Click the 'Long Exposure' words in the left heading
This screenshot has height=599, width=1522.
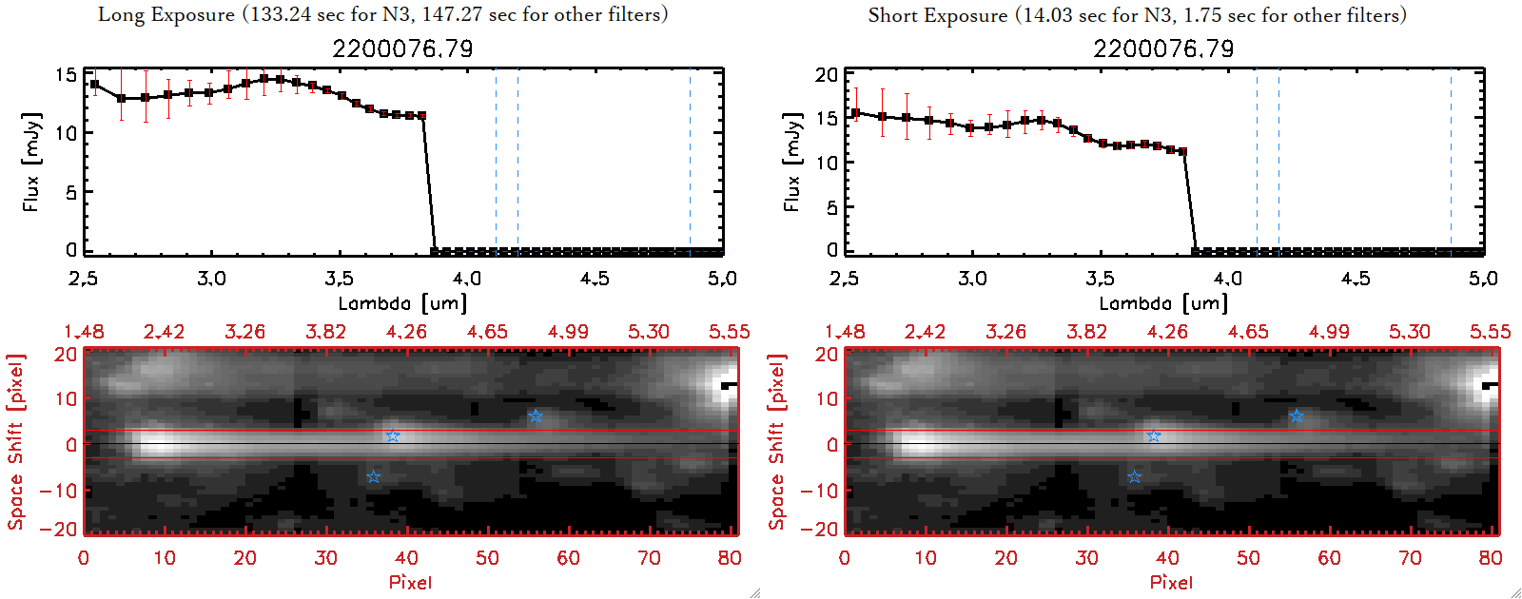coord(166,14)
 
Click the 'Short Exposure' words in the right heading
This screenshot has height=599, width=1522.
coord(937,15)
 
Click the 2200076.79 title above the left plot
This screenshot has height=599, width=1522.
coord(402,48)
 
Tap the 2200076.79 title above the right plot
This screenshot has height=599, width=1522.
coord(1163,48)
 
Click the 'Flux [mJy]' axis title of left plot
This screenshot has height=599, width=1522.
coord(32,162)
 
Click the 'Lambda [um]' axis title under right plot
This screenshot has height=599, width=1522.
coord(1163,303)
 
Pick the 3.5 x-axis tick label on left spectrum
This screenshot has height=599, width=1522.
coord(339,279)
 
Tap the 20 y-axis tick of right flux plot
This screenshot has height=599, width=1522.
coord(827,75)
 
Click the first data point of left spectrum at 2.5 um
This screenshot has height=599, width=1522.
coord(94,85)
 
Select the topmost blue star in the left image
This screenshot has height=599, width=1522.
coord(536,416)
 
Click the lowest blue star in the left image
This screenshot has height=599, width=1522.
coord(373,476)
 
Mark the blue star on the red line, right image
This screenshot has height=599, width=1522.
coord(1154,436)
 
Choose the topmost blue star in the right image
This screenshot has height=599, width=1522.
coord(1297,416)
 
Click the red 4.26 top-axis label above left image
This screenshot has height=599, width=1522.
coord(406,332)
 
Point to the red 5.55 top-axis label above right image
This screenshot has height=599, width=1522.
coord(1490,332)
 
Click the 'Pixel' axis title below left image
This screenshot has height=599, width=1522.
coord(410,582)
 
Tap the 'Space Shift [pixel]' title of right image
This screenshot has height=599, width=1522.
coord(777,442)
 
